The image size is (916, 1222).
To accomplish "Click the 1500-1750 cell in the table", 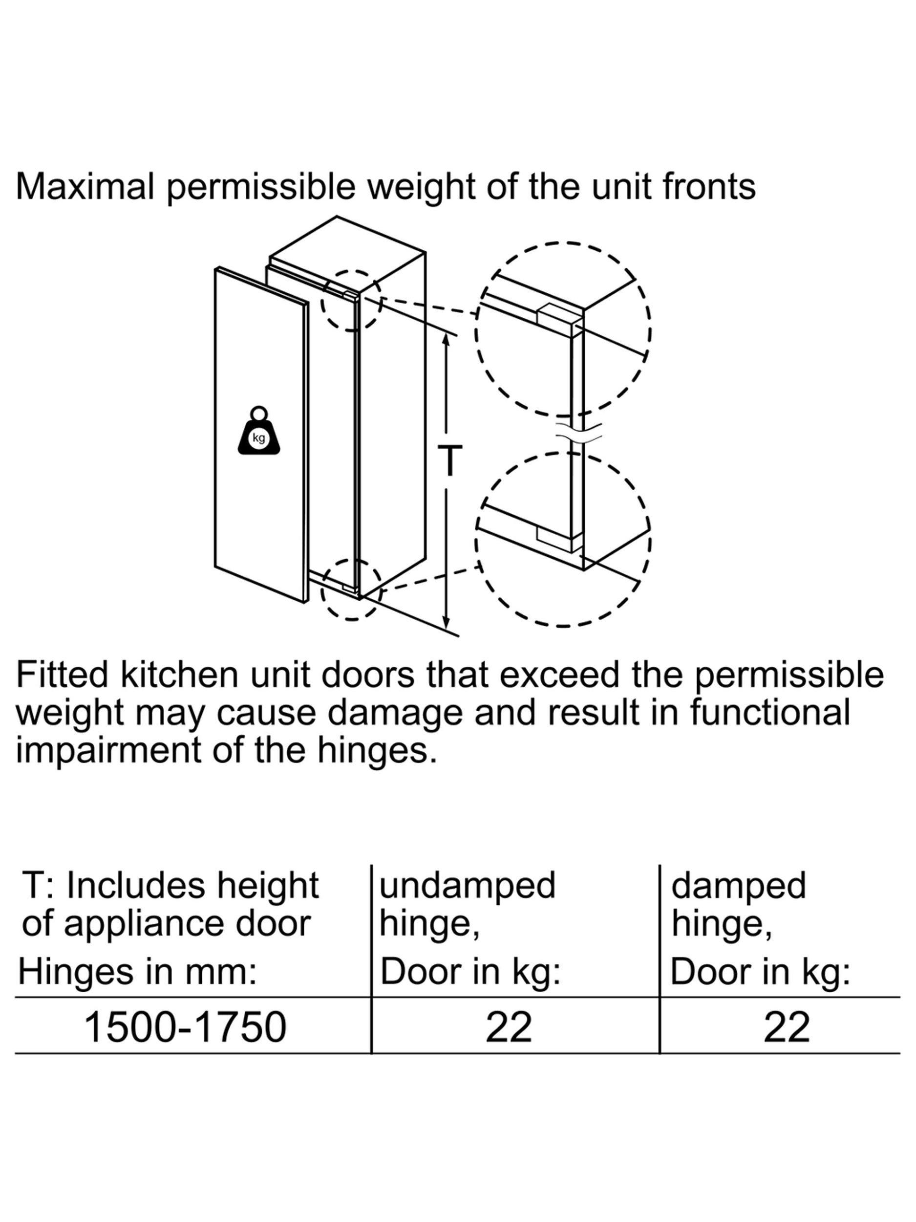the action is pyautogui.click(x=185, y=1027).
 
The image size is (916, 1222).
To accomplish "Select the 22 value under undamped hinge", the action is pyautogui.click(x=509, y=1027).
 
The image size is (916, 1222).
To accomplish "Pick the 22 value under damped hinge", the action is pyautogui.click(x=787, y=1027).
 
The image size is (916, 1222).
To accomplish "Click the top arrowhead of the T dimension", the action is pyautogui.click(x=447, y=340).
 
